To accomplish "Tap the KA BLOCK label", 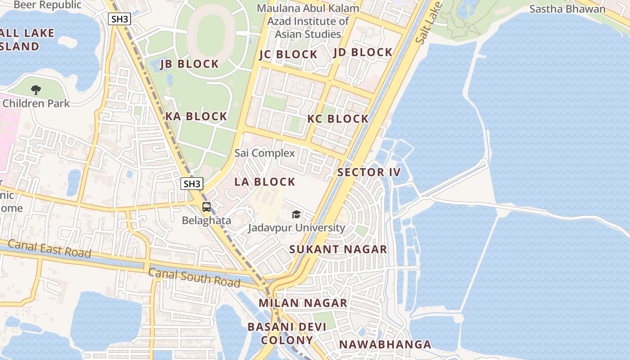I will tap(196, 117).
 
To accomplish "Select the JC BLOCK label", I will tap(288, 55).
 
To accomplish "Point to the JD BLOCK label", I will tap(363, 53).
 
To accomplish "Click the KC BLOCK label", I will tap(338, 119).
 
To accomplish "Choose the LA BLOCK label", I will tap(265, 182).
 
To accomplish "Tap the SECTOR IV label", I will tap(369, 172).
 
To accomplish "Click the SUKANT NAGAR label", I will tap(338, 249).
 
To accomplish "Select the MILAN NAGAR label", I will tap(303, 303).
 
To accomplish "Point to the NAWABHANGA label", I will tap(385, 345).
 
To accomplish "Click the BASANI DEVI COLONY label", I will tap(287, 333).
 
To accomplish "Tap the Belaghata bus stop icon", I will tap(207, 207).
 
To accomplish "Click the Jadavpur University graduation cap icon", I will tap(296, 214).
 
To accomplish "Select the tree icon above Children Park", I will tap(36, 90).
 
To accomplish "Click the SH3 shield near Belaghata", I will tap(192, 184).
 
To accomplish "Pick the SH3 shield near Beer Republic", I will tap(119, 19).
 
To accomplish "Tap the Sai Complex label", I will tap(265, 153).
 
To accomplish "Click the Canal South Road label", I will tap(194, 277).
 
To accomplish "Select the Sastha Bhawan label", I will tap(567, 9).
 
